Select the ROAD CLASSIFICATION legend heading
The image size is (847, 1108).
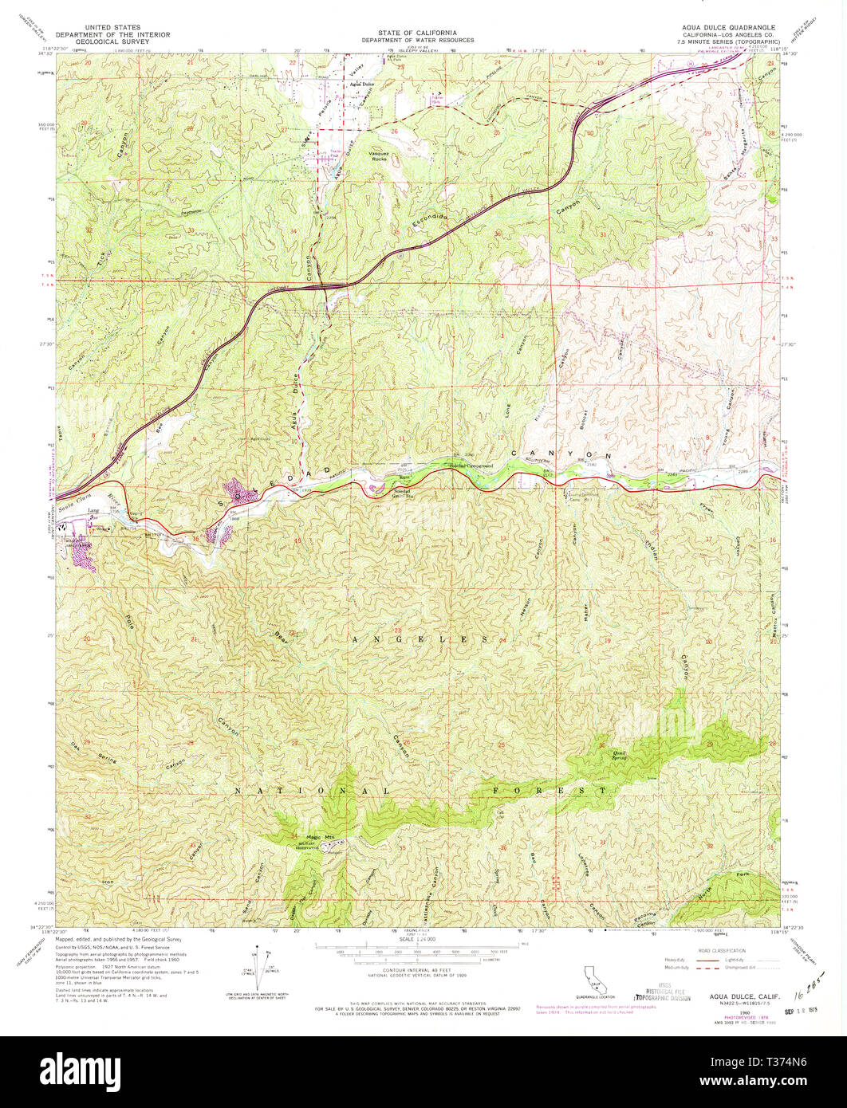[723, 950]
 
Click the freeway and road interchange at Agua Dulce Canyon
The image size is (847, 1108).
[328, 285]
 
